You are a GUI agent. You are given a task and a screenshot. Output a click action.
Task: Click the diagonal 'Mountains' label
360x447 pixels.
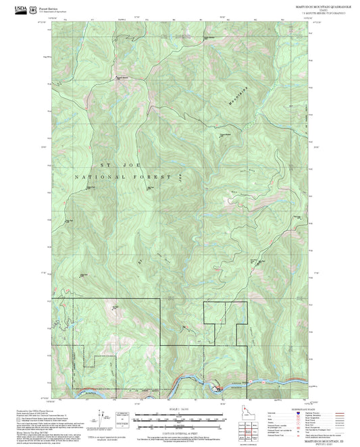coord(236,95)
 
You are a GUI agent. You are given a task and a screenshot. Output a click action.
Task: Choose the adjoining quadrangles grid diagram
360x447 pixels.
coord(252,429)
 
